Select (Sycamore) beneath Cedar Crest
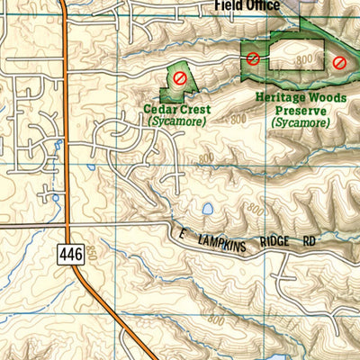coord(176,121)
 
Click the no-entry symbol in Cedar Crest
coord(180,78)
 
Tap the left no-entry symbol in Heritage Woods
coord(253,58)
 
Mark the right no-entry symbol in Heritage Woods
coord(338,62)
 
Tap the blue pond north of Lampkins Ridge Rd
coord(208,209)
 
